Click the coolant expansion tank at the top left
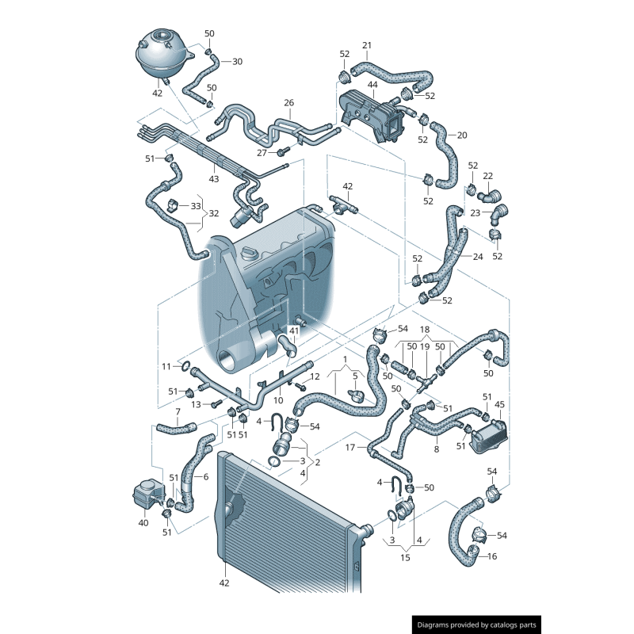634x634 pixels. pyautogui.click(x=162, y=55)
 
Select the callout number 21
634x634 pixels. pyautogui.click(x=367, y=45)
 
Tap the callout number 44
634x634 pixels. pyautogui.click(x=372, y=85)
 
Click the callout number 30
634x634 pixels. pyautogui.click(x=237, y=62)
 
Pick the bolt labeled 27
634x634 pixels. pyautogui.click(x=284, y=151)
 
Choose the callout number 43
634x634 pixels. pyautogui.click(x=213, y=179)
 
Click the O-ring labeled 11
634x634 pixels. pyautogui.click(x=185, y=366)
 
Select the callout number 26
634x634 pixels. pyautogui.click(x=288, y=103)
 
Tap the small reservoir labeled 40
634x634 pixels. pyautogui.click(x=149, y=495)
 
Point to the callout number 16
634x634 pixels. pyautogui.click(x=492, y=556)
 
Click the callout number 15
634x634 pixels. pyautogui.click(x=405, y=558)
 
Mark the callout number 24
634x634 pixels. pyautogui.click(x=478, y=257)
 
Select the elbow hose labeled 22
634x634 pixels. pyautogui.click(x=490, y=197)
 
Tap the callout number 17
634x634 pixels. pyautogui.click(x=350, y=447)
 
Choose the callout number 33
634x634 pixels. pyautogui.click(x=196, y=206)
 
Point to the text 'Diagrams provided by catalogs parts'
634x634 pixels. pyautogui.click(x=477, y=624)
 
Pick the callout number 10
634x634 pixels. pyautogui.click(x=278, y=400)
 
